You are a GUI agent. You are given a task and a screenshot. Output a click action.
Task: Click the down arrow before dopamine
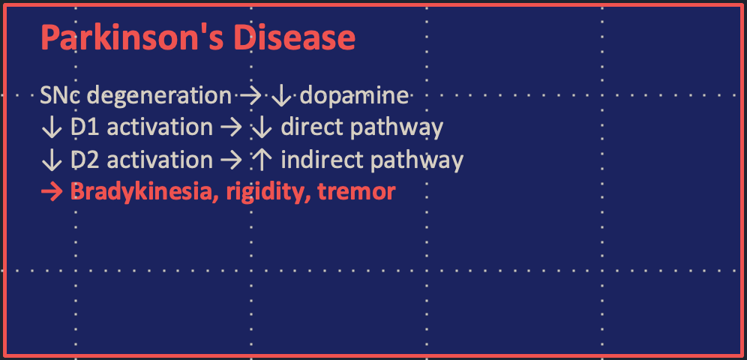pos(281,97)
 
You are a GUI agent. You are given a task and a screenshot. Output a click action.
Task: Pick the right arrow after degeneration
pos(250,96)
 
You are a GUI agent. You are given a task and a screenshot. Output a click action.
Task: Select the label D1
pos(85,127)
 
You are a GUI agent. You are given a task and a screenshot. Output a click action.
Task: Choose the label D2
pos(85,160)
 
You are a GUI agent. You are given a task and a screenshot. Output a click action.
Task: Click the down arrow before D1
pos(52,128)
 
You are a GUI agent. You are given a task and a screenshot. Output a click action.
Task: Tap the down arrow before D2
pos(52,160)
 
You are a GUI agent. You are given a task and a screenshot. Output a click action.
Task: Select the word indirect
pos(319,160)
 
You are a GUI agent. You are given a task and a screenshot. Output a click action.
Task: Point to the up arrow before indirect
pos(261,160)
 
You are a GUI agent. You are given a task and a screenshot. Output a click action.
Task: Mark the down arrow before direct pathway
pos(261,128)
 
